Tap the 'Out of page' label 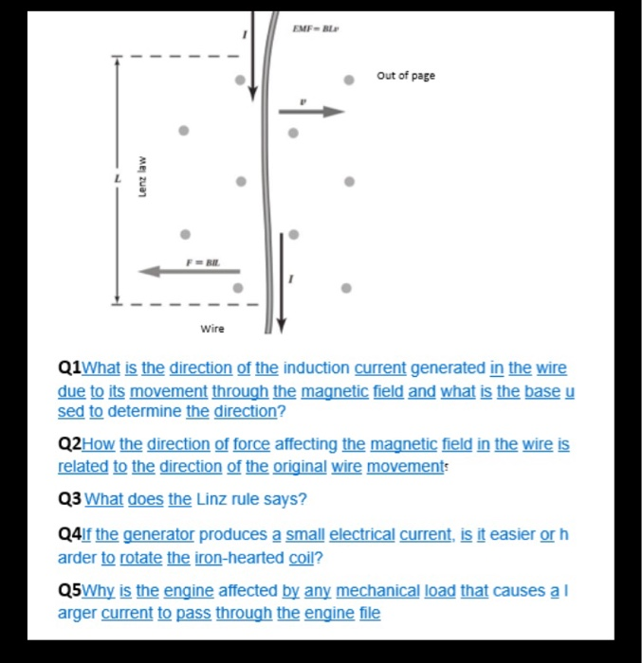pos(406,76)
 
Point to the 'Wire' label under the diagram pos(212,330)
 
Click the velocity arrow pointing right pos(314,112)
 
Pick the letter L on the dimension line pos(119,179)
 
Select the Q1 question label pos(71,367)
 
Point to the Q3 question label pos(70,499)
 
